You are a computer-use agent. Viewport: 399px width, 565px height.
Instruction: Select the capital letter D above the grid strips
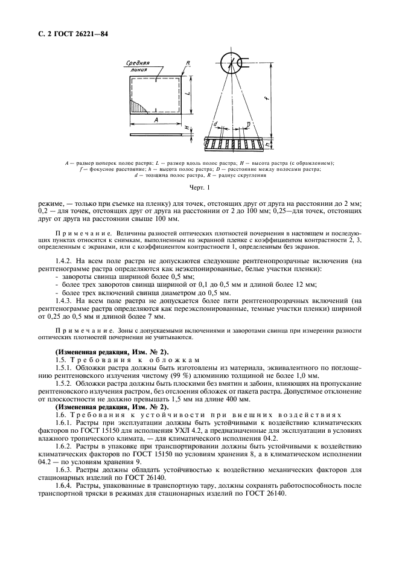pyautogui.click(x=248, y=125)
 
